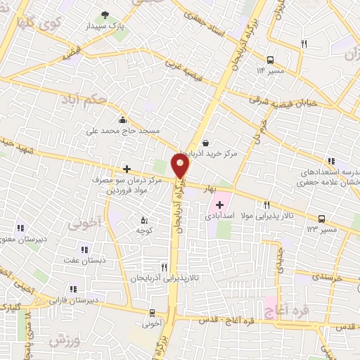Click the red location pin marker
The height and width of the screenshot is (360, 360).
181,167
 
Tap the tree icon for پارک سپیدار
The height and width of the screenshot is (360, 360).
105,14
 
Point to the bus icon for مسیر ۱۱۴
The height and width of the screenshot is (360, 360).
271,59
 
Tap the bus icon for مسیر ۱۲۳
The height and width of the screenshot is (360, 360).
321,219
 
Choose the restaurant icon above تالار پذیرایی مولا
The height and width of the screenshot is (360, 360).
266,205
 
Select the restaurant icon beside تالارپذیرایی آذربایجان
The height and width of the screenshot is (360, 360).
164,267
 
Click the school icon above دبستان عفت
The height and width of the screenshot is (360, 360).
84,250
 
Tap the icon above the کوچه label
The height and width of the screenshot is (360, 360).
145,219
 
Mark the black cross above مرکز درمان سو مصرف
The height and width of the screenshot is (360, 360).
127,169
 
